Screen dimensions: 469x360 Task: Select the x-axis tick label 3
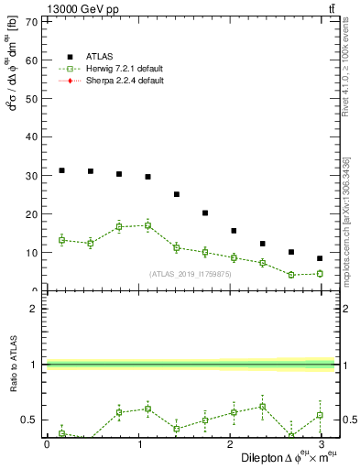(320, 443)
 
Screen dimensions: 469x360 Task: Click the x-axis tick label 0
(47, 443)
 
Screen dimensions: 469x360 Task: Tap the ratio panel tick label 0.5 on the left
(28, 420)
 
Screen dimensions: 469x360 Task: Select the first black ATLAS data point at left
(61, 170)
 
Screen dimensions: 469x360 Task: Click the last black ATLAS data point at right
(320, 258)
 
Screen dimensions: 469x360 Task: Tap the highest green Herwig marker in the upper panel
(147, 225)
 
